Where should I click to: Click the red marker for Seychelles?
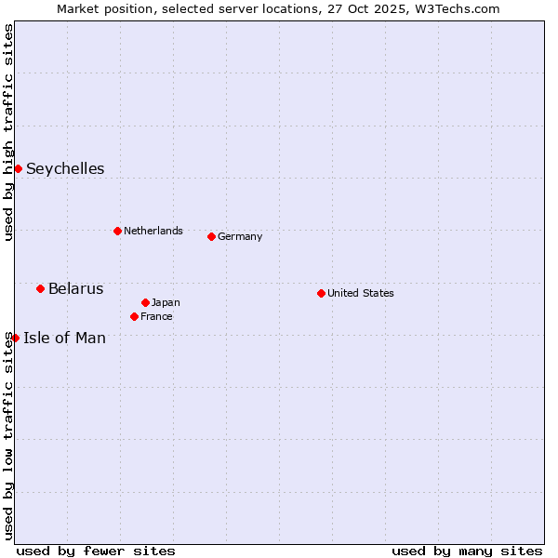click(18, 168)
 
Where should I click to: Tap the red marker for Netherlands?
click(117, 231)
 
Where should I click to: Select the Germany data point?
click(211, 236)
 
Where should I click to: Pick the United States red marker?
click(321, 293)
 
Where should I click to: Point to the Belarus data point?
click(40, 288)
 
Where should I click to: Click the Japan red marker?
click(145, 302)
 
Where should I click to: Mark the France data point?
click(134, 316)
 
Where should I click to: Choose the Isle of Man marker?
click(15, 338)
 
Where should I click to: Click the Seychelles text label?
click(65, 168)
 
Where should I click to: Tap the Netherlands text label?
click(153, 231)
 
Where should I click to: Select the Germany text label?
click(240, 236)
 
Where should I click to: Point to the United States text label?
click(361, 293)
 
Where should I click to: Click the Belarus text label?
click(76, 288)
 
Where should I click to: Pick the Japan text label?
click(166, 302)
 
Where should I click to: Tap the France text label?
click(156, 316)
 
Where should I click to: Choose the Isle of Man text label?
click(64, 338)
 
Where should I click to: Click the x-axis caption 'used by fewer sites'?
click(96, 551)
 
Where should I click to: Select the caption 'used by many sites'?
click(467, 551)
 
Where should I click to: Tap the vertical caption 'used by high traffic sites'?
click(8, 132)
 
